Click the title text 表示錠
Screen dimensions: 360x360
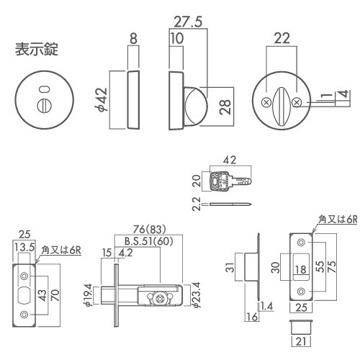point(37,50)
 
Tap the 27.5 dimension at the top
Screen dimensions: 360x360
point(188,22)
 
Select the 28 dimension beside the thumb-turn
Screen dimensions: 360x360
point(225,107)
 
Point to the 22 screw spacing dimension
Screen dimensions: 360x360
point(282,38)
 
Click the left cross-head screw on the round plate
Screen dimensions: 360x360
point(266,103)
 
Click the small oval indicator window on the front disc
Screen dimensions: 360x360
point(44,89)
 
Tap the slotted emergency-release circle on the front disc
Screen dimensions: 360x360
point(44,106)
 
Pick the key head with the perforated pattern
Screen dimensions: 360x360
point(218,181)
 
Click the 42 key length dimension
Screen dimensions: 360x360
point(230,160)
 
